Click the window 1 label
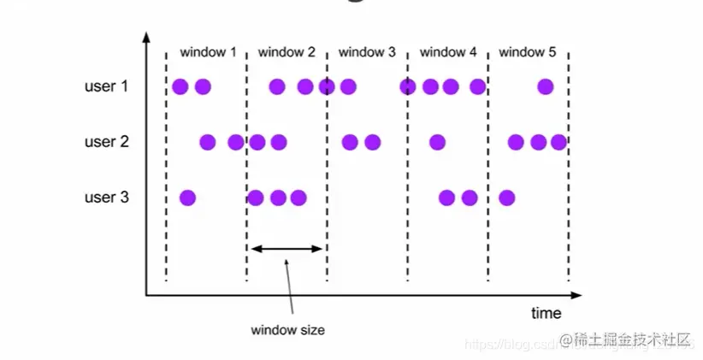[208, 52]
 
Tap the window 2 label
[287, 52]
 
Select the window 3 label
[367, 52]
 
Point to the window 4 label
[448, 52]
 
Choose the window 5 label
[528, 52]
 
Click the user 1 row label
[106, 86]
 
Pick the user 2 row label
[106, 142]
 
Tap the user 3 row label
[106, 198]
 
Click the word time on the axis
[546, 313]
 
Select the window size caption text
[287, 329]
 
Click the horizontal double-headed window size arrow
[287, 249]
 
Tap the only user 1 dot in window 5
[545, 86]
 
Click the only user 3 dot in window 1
[187, 198]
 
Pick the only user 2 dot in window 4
[437, 142]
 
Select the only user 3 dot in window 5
[506, 198]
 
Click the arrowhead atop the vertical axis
[146, 38]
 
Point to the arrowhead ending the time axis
[582, 296]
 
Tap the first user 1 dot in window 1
[180, 86]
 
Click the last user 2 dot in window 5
[559, 142]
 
